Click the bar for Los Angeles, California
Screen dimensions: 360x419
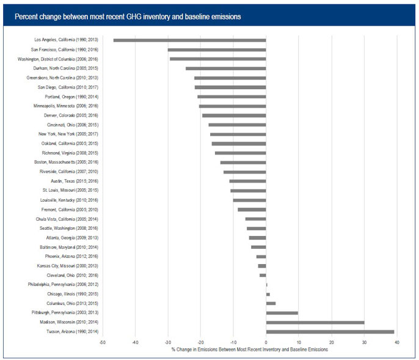(189, 40)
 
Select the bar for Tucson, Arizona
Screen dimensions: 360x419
(330, 332)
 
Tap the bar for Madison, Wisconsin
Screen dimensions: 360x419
(315, 322)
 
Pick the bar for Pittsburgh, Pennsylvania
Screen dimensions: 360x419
(282, 313)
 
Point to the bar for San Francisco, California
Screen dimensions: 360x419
(217, 50)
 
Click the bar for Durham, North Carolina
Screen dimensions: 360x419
(226, 68)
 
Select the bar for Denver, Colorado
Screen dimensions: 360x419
(234, 116)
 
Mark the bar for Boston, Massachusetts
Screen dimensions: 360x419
(243, 163)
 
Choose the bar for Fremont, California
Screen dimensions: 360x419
(252, 210)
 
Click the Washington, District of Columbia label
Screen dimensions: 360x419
(63, 59)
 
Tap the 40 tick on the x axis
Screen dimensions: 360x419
(397, 343)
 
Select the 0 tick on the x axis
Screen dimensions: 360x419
(266, 343)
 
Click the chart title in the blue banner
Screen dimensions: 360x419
(128, 17)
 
